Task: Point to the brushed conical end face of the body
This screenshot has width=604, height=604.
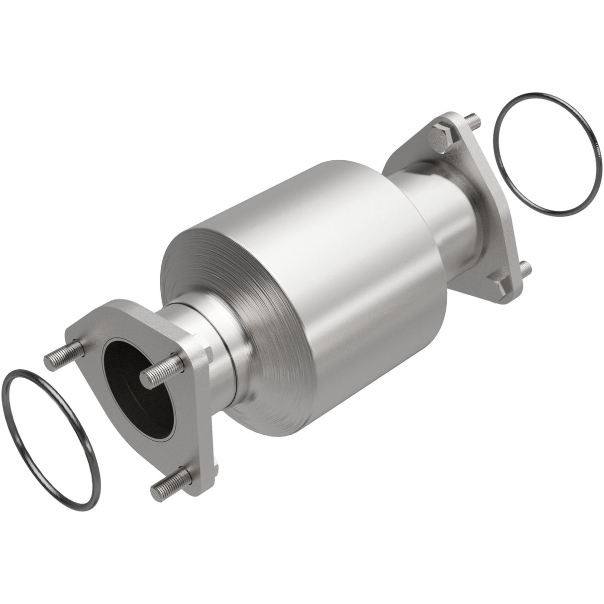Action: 209,279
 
